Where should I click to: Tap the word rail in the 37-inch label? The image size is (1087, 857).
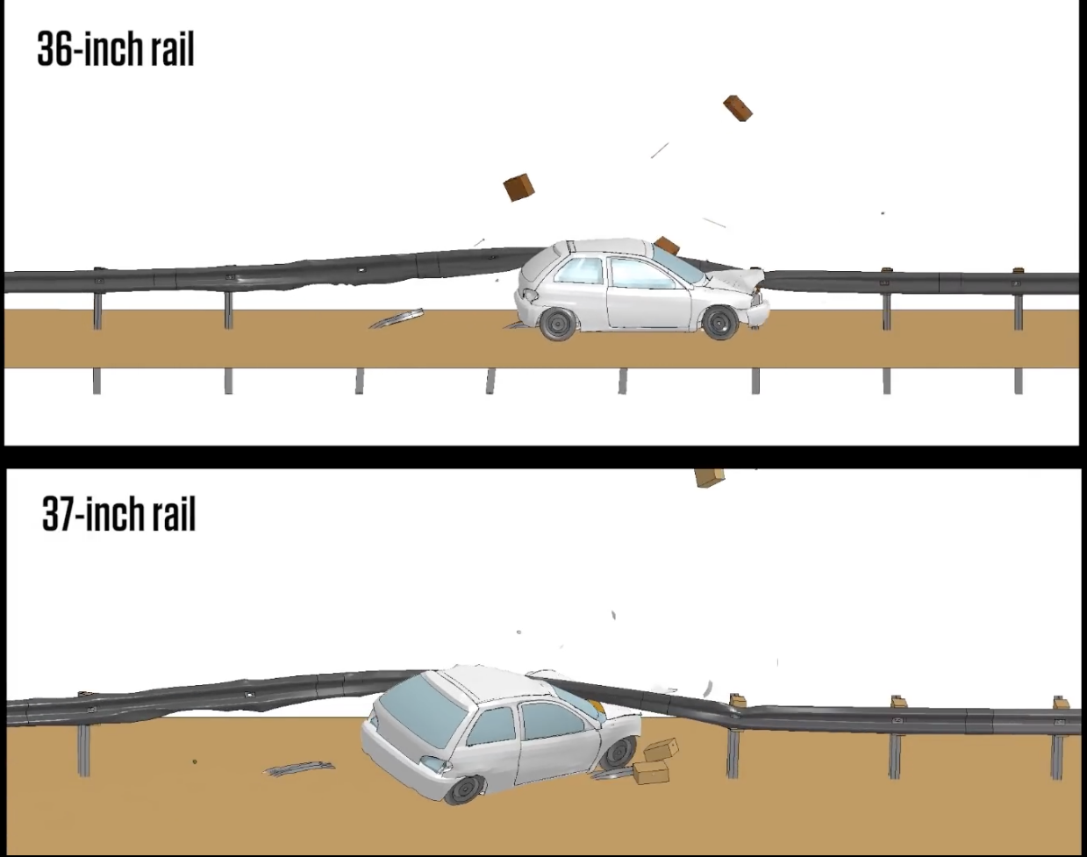click(x=174, y=514)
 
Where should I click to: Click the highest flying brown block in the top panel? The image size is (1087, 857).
click(x=737, y=108)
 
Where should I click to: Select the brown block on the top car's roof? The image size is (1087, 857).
click(x=667, y=246)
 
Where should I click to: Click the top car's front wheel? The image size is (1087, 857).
click(x=720, y=322)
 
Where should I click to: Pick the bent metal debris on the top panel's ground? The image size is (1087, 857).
click(x=397, y=318)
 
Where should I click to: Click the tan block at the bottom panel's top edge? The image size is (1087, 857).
click(x=709, y=477)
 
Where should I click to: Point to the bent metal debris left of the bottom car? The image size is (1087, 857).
click(x=298, y=769)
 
